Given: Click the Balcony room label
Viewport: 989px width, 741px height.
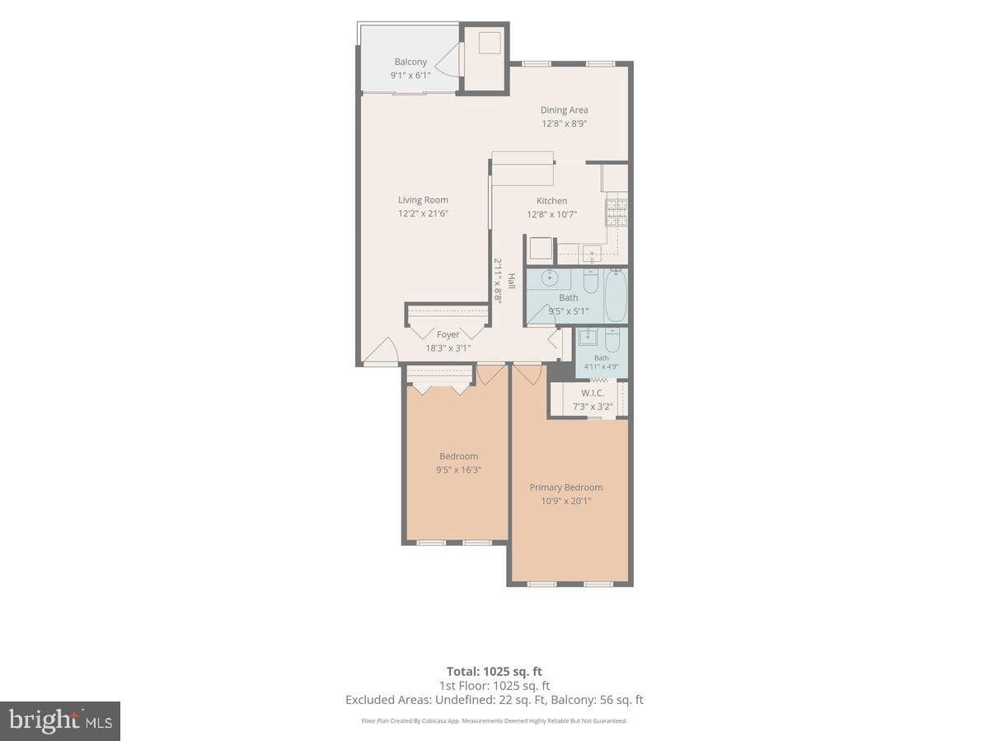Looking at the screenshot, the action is pyautogui.click(x=410, y=62).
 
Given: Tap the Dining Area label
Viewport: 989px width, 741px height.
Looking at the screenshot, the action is pyautogui.click(x=564, y=110).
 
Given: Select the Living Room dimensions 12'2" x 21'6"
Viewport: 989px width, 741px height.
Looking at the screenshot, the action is pyautogui.click(x=423, y=213).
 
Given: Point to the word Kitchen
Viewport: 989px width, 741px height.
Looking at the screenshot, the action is pyautogui.click(x=552, y=201).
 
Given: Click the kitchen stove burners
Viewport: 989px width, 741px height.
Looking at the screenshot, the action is pyautogui.click(x=616, y=212).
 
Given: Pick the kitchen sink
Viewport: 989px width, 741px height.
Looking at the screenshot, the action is pyautogui.click(x=592, y=254).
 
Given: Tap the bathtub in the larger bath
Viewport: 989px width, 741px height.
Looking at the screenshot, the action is pyautogui.click(x=616, y=296).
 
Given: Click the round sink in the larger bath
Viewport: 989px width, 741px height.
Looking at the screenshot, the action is pyautogui.click(x=550, y=278).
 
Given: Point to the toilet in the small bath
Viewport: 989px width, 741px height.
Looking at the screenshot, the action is pyautogui.click(x=612, y=340).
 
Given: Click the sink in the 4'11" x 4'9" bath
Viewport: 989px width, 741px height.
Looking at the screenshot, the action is pyautogui.click(x=588, y=336).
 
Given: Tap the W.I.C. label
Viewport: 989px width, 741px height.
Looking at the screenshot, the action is pyautogui.click(x=593, y=393).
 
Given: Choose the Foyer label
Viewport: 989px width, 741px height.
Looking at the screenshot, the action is pyautogui.click(x=448, y=334).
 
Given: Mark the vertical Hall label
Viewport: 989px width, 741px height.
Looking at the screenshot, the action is pyautogui.click(x=512, y=281).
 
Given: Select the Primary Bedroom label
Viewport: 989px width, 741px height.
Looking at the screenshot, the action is pyautogui.click(x=566, y=487).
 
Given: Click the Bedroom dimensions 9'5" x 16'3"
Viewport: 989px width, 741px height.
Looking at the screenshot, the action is pyautogui.click(x=459, y=469).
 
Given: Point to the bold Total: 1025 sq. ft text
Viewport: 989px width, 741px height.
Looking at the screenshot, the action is pyautogui.click(x=494, y=671).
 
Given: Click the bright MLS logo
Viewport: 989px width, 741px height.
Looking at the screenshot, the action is pyautogui.click(x=60, y=721).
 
